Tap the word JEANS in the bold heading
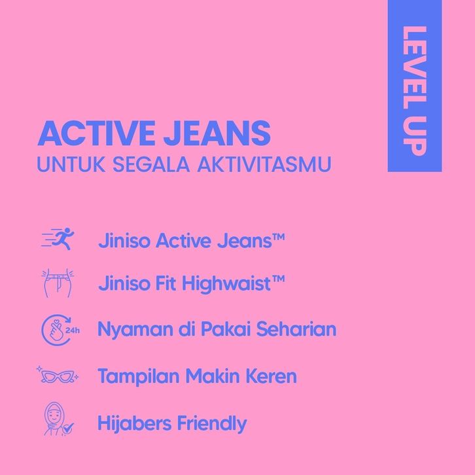217,133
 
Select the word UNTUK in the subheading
71,164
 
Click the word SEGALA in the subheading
151,164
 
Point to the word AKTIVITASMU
264,164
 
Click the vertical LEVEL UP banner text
415,91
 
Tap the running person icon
58,239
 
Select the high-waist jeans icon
58,283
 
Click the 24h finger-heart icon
60,330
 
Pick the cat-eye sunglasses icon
58,376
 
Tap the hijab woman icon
55,418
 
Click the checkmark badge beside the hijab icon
68,429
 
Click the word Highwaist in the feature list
226,284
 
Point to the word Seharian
296,328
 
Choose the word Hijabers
135,423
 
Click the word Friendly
212,424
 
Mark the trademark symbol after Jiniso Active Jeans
279,237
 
